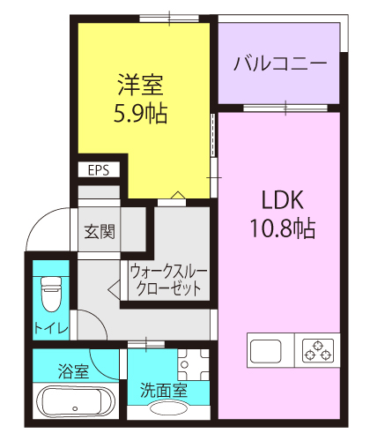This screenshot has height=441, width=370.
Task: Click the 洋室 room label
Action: tap(140, 85)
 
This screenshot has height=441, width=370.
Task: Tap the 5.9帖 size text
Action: tap(140, 113)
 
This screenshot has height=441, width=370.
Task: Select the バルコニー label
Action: tap(280, 64)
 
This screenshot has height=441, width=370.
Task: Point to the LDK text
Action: tap(283, 200)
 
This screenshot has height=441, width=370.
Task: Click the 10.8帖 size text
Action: tap(283, 228)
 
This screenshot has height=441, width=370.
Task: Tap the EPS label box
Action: tap(99, 170)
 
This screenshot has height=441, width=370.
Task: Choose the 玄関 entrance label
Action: tap(100, 231)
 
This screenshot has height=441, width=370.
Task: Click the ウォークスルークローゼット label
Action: tap(168, 280)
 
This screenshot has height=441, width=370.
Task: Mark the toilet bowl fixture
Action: tap(51, 294)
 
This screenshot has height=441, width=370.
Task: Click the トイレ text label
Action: tap(51, 328)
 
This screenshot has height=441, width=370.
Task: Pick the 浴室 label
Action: tap(73, 371)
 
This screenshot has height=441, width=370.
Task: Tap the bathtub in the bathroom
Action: tap(76, 401)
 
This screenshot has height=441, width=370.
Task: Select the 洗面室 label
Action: tap(164, 391)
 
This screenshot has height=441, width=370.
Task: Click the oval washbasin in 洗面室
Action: tap(168, 408)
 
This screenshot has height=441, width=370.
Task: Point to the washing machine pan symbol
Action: tap(193, 364)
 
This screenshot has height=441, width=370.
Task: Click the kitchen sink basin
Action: tap(265, 351)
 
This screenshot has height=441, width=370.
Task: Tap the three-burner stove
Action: tap(318, 350)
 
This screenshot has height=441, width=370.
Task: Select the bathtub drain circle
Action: tap(75, 408)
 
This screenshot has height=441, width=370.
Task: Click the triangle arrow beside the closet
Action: tap(114, 290)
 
